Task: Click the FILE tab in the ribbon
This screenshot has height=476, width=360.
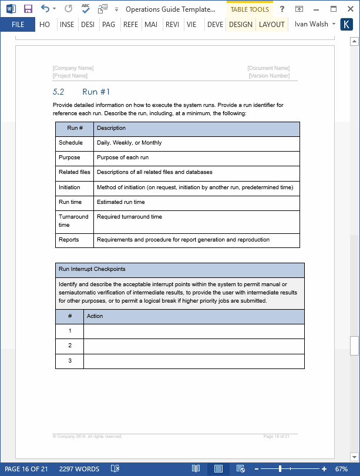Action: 18,25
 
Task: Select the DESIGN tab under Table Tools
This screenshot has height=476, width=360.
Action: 241,25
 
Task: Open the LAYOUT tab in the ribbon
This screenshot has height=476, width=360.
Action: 271,25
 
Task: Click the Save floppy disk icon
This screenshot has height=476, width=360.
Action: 28,9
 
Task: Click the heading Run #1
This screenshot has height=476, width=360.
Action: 96,92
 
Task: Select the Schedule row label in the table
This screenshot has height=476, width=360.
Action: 70,143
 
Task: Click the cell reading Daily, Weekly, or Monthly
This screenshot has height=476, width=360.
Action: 129,143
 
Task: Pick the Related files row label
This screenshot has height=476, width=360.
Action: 74,172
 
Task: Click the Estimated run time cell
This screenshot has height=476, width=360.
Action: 121,202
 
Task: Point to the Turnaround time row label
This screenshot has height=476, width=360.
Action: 73,220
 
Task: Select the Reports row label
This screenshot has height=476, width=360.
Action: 69,240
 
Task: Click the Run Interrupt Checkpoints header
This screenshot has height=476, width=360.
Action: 92,269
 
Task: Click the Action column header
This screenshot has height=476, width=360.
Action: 95,316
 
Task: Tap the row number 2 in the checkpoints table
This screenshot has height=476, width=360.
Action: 69,346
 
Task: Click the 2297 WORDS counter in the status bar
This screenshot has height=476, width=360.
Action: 79,469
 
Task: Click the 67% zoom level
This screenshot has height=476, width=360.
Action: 341,469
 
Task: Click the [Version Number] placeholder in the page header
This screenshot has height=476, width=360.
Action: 269,76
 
